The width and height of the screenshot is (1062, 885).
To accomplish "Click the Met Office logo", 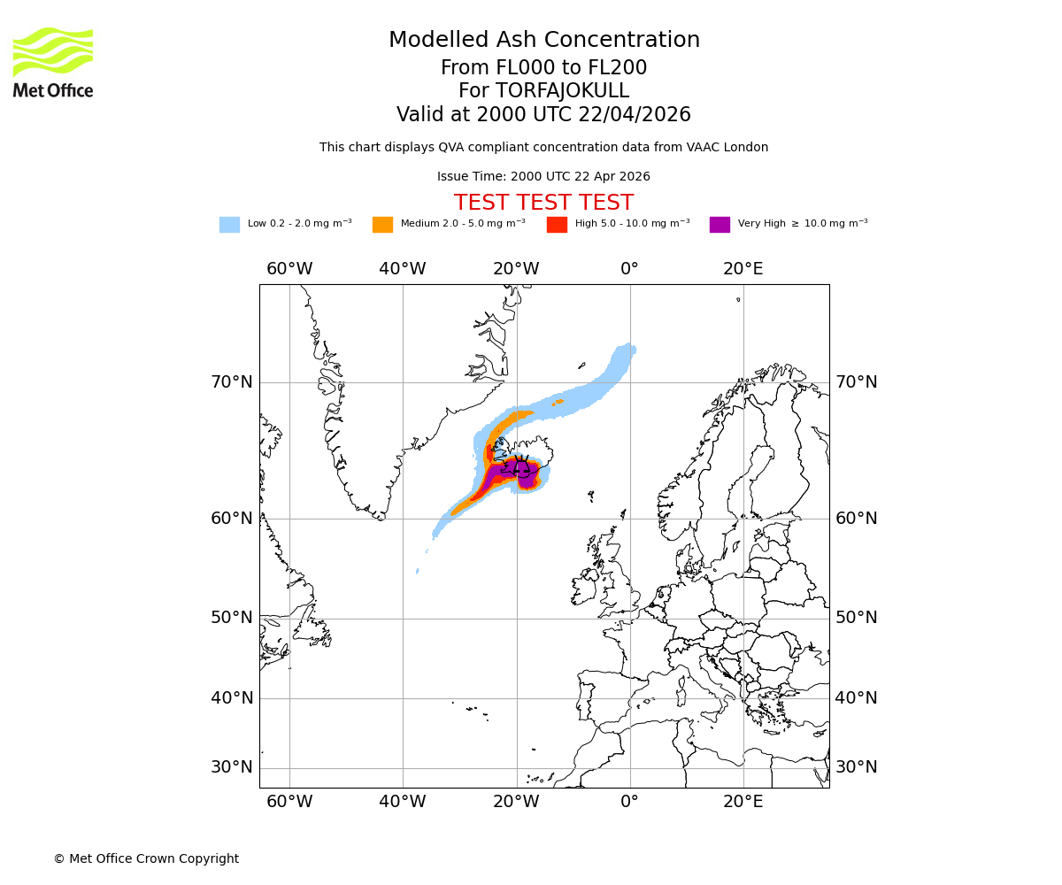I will click(53, 62).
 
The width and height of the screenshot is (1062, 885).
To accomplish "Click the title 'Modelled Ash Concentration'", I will click(543, 40).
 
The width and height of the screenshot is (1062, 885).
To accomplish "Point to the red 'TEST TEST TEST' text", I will click(543, 203).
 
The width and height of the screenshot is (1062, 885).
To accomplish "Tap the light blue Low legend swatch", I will click(229, 225).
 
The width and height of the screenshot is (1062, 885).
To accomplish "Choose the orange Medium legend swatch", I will click(382, 225).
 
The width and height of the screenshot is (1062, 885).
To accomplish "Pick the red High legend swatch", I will click(557, 225).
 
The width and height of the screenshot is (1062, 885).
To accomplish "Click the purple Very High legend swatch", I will click(720, 225).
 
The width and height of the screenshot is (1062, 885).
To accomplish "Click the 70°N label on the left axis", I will click(231, 382).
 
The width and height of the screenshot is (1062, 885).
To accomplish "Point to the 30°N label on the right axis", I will click(857, 767).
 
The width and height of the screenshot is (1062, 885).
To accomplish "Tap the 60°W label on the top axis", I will click(289, 269).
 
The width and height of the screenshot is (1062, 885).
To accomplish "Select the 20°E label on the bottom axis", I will click(743, 802).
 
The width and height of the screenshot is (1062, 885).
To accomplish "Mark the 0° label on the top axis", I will click(629, 269).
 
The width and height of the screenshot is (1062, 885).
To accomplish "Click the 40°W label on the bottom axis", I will click(403, 802).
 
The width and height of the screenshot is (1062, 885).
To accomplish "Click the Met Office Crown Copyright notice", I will click(146, 858).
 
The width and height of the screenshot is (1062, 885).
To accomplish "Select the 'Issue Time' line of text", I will click(543, 176).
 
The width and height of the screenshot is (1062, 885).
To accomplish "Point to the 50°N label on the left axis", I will click(231, 618).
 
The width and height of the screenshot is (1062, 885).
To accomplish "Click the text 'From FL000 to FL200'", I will click(543, 68).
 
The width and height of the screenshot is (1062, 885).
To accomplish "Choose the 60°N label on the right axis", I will click(857, 519).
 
